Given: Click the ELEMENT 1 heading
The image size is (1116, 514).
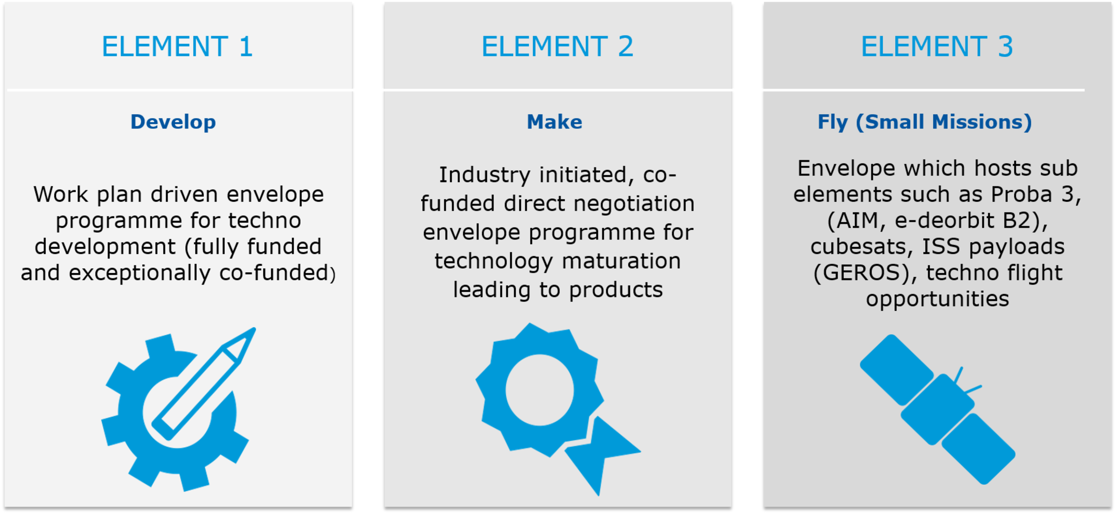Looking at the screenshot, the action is coord(177,47).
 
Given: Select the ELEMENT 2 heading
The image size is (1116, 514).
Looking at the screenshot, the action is coord(557,47).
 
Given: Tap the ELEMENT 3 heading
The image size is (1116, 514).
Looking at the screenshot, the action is coord(937,47).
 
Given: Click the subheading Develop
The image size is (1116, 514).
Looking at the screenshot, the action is coord(173,122).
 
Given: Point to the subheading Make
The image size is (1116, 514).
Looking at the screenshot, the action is coord(554,122).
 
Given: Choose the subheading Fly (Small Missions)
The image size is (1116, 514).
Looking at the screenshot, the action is coord(925,122).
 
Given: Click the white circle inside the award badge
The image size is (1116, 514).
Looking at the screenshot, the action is coord(540,390).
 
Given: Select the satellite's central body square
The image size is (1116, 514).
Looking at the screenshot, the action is coord(938,410).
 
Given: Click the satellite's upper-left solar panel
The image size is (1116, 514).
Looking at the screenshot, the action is coord(897,370).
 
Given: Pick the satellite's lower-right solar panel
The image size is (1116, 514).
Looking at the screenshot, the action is coord(978,449).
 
